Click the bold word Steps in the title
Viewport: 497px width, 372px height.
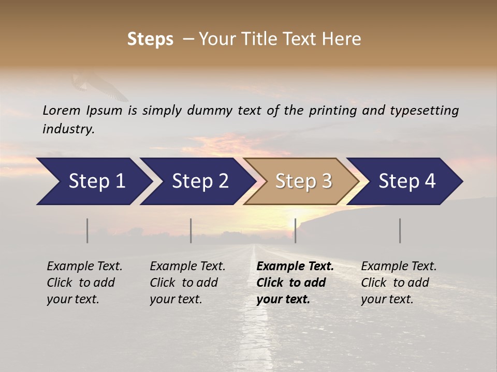coord(150,39)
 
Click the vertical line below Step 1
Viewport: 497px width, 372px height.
coord(87,230)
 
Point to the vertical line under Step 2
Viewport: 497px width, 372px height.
coord(191,230)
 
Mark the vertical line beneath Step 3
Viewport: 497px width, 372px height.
coord(295,230)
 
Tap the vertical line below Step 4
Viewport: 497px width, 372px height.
coord(400,230)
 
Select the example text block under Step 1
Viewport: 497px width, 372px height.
coord(84,283)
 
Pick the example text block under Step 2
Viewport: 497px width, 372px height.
coord(187,283)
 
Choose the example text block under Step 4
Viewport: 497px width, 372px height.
coord(399,283)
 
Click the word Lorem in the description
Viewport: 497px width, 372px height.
coord(62,110)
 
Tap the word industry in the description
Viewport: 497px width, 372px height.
coord(68,129)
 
